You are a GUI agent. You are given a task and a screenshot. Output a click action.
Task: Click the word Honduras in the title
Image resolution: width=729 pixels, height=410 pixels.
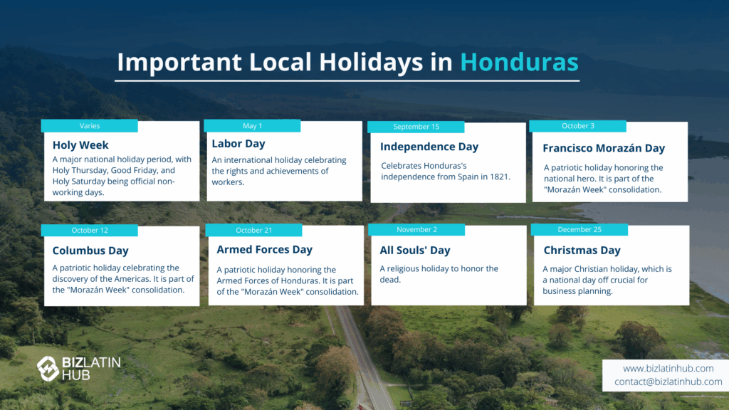click(519, 63)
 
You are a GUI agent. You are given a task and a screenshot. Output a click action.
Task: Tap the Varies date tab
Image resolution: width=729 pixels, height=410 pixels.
click(89, 126)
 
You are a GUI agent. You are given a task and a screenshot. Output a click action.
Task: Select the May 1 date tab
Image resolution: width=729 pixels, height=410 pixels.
click(252, 126)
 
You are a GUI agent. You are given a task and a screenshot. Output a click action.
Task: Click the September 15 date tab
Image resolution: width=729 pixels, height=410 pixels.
click(416, 127)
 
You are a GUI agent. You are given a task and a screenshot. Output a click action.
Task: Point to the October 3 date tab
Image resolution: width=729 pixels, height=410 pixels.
click(578, 126)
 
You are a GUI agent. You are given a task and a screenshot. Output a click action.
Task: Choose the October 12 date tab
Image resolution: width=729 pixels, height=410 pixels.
click(89, 230)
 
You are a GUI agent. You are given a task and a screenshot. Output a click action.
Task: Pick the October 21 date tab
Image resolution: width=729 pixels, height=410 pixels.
click(254, 230)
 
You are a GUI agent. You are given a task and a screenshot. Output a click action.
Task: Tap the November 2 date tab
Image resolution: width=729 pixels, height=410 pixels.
click(416, 230)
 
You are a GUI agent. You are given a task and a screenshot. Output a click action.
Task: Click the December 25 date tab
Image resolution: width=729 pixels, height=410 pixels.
click(579, 230)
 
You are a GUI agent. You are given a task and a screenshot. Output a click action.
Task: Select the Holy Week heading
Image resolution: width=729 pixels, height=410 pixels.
click(80, 145)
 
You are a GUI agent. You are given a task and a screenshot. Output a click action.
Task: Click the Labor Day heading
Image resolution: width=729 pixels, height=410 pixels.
click(238, 144)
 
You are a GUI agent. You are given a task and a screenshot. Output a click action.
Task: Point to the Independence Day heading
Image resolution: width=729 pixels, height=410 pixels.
click(429, 147)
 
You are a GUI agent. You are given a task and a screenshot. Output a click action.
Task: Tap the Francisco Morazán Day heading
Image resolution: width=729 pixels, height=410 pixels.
click(604, 148)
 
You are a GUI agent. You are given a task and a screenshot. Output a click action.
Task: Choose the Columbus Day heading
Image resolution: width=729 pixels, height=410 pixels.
click(90, 251)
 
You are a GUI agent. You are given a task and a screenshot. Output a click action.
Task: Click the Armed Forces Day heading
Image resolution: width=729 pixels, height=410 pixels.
click(265, 250)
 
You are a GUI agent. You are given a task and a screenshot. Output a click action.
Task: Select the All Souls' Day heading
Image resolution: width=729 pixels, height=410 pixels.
click(415, 251)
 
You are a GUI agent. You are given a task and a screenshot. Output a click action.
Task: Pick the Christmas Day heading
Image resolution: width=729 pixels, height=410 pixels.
click(582, 251)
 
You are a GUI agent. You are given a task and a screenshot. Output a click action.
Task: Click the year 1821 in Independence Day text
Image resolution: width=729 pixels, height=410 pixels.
click(499, 177)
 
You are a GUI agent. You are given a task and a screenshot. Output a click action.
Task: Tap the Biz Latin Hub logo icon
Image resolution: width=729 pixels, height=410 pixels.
click(48, 368)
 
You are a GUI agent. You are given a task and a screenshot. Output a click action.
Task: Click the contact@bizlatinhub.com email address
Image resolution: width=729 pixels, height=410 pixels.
click(668, 382)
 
